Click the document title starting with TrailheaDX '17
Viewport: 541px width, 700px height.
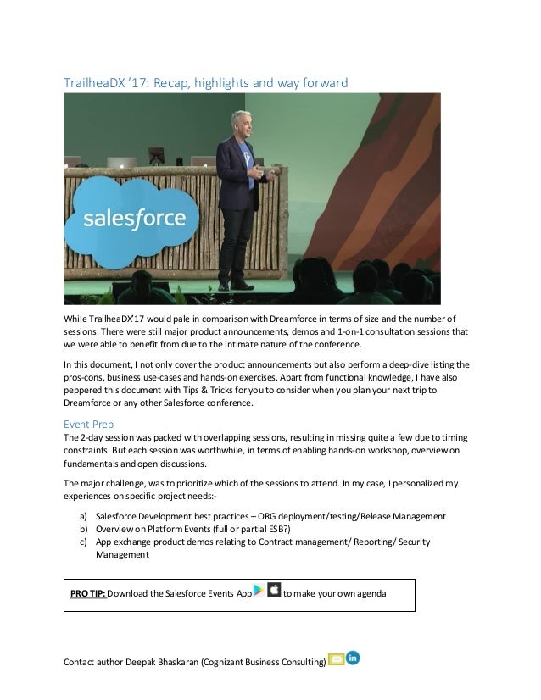[x=206, y=81]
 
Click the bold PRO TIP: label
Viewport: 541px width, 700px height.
[x=89, y=592]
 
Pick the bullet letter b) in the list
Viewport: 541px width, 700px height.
[x=83, y=530]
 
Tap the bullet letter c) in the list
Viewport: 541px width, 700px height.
[x=83, y=543]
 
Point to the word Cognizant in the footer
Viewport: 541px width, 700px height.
[x=220, y=661]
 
